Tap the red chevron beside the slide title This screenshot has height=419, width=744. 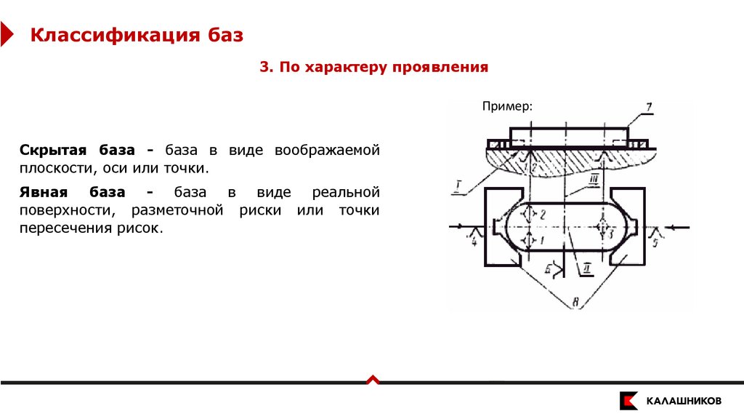click(6, 34)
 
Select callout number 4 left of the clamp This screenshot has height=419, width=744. click(474, 242)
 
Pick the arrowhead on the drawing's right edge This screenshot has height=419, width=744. click(676, 228)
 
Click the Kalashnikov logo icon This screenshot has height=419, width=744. click(629, 401)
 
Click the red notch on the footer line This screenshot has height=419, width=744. click(372, 379)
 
